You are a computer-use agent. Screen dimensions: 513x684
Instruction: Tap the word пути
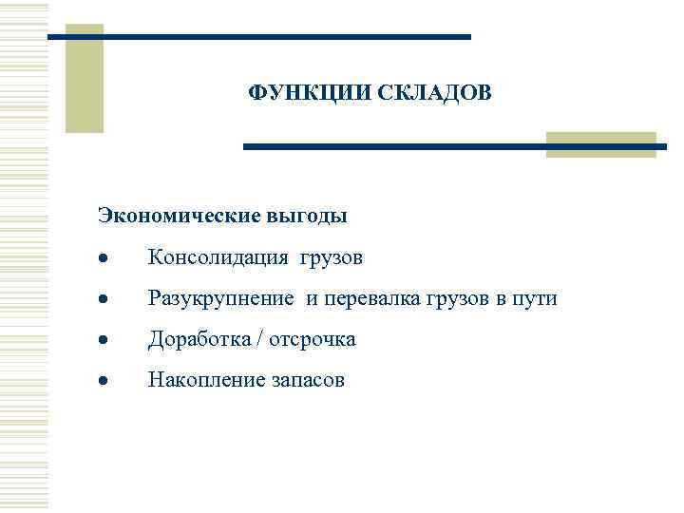tap(536, 299)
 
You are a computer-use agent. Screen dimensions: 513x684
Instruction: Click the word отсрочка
tap(313, 339)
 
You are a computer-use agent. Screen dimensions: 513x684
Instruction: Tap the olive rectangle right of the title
tap(600, 144)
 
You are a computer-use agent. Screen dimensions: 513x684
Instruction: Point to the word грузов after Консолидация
tap(332, 258)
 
